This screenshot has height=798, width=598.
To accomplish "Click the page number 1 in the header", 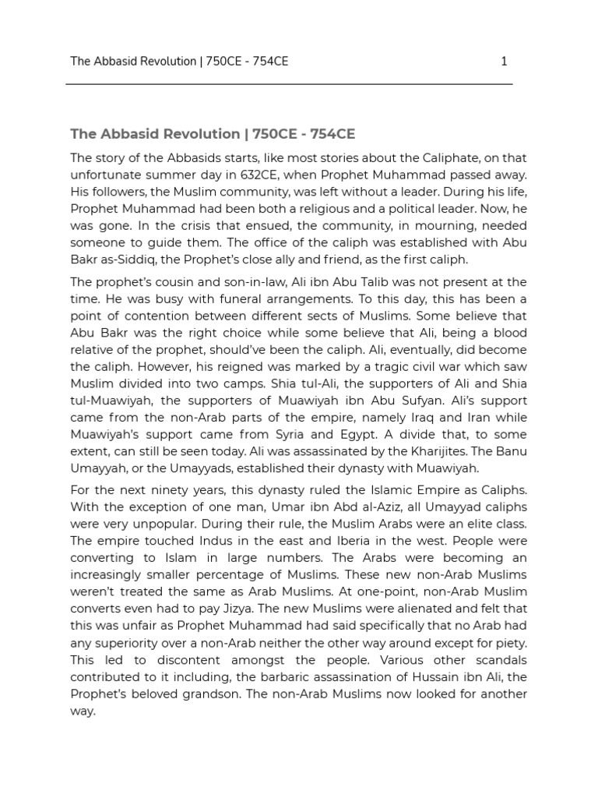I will click(504, 61).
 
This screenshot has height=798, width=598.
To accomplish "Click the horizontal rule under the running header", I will click(290, 83).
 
